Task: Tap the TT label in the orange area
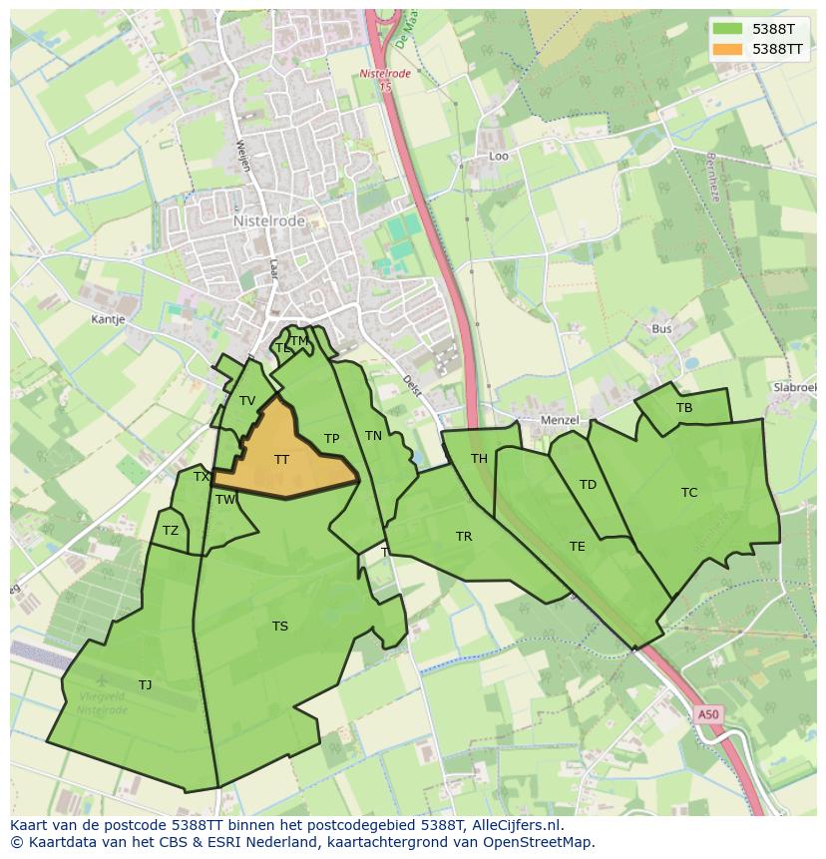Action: click(281, 460)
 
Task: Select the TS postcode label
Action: click(280, 627)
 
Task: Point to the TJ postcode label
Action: click(146, 684)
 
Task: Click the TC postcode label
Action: click(689, 492)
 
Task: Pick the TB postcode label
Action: click(684, 408)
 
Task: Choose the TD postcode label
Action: click(588, 485)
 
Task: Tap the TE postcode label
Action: click(578, 546)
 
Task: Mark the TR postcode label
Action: click(464, 537)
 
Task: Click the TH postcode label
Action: click(480, 459)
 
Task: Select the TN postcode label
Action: click(373, 436)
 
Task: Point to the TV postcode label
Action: click(247, 401)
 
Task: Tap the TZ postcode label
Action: click(171, 531)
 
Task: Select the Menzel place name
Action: click(560, 420)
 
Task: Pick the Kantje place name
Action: click(108, 319)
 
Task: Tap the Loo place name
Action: click(499, 157)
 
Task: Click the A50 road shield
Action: click(707, 714)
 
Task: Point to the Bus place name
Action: click(661, 328)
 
